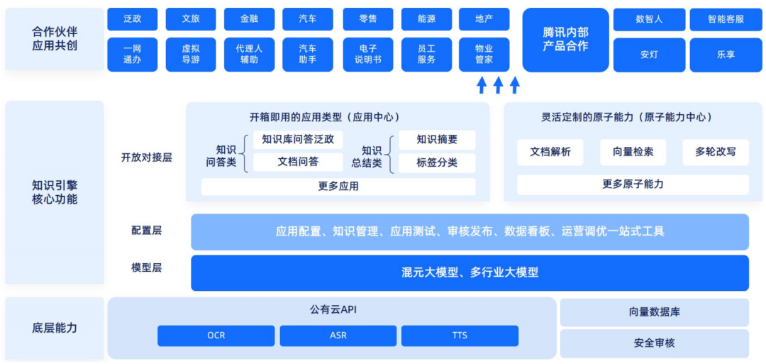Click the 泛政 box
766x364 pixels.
132,19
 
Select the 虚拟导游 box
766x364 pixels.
191,55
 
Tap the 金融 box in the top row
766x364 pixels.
249,19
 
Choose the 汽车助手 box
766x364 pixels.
307,55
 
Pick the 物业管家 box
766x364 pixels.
484,55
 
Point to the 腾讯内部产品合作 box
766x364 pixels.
565,40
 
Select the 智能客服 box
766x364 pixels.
726,19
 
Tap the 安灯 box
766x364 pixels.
649,55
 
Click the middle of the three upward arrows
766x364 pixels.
498,85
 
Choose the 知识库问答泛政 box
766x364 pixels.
297,140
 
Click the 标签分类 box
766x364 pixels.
436,162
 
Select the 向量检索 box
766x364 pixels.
633,152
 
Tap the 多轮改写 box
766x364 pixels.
715,152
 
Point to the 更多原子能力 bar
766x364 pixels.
633,184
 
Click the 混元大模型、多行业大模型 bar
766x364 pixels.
470,272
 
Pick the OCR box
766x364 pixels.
216,336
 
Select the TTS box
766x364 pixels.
460,336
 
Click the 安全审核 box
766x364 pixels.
654,343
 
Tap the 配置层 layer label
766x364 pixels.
147,231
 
